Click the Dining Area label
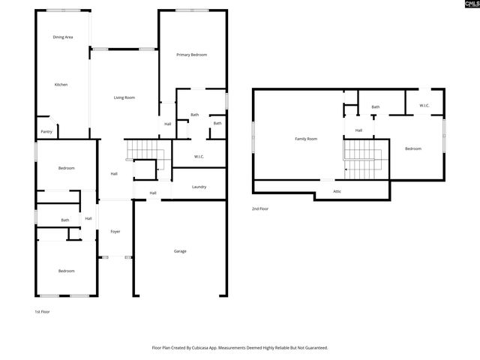[x=63, y=37]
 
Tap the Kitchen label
[x=61, y=85]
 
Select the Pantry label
[x=46, y=131]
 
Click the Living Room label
[x=124, y=97]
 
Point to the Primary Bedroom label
[x=192, y=55]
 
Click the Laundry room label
[x=199, y=187]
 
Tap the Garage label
[x=180, y=251]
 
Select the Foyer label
[x=115, y=231]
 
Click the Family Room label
[x=306, y=139]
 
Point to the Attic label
[x=337, y=192]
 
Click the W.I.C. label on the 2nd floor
[x=424, y=106]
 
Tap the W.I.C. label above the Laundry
[x=199, y=157]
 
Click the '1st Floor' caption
[x=42, y=311]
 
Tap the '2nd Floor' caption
[x=261, y=208]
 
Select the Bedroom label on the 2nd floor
[x=413, y=148]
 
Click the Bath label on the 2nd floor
[x=375, y=107]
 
